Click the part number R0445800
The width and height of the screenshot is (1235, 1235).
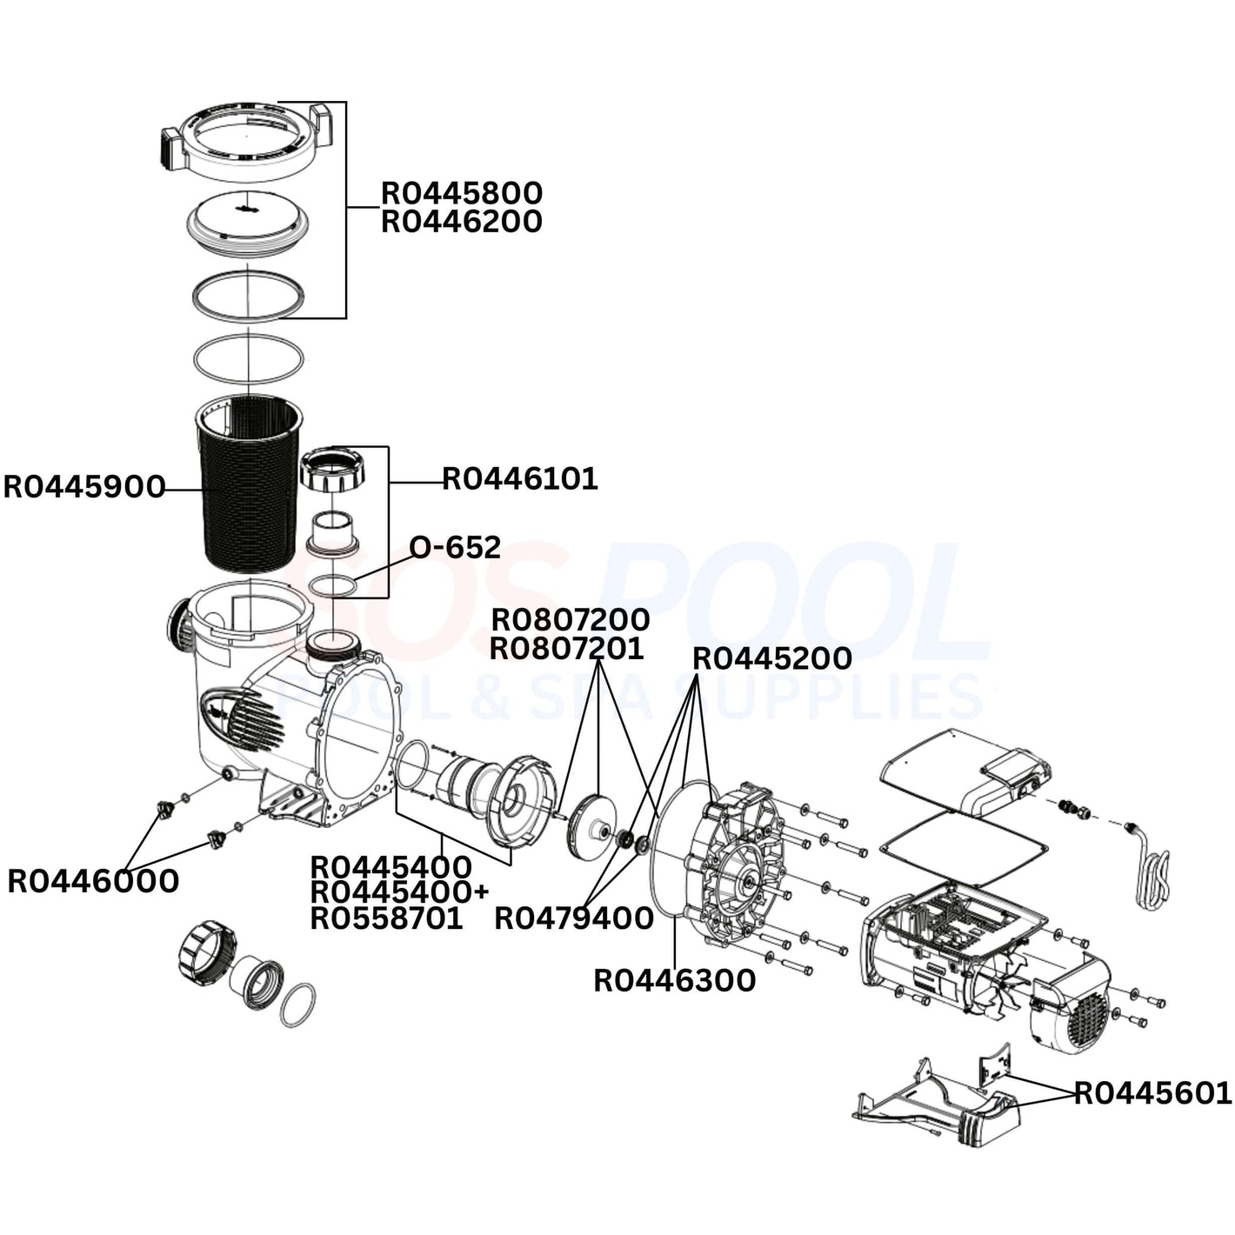point(461,192)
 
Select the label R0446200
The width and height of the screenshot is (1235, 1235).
point(461,222)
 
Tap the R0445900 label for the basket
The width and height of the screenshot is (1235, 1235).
point(84,487)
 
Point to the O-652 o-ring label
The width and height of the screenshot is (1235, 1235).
point(455,547)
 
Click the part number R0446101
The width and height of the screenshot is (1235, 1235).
point(520,478)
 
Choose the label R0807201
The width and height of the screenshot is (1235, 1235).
point(566,648)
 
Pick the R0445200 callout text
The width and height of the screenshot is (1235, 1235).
point(771,658)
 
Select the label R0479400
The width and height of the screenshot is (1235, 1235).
point(574,918)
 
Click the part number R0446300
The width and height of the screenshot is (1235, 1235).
point(674,980)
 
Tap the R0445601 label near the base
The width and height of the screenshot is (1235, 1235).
point(1152,1092)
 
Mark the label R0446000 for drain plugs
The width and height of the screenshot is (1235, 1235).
point(93,881)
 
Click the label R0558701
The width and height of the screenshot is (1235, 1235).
point(386,918)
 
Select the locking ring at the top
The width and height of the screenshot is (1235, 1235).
point(247,139)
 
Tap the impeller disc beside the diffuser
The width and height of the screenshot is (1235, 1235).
point(591,823)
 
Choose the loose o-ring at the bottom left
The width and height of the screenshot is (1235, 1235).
point(298,1005)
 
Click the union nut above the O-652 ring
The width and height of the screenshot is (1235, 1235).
point(332,473)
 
